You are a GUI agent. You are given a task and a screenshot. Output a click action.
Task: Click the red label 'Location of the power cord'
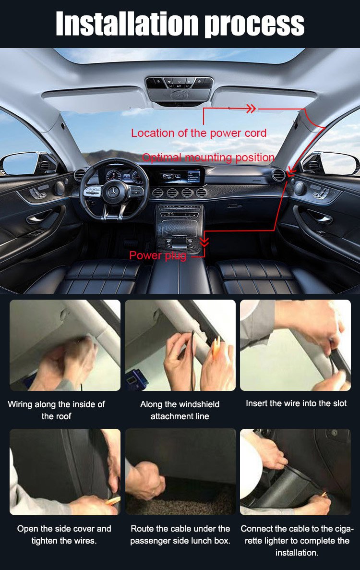[199, 133]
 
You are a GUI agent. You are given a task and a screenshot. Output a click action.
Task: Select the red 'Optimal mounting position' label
[208, 158]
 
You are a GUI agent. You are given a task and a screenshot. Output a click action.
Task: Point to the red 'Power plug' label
[157, 255]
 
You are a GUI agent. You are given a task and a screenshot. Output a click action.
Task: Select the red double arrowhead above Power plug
[205, 242]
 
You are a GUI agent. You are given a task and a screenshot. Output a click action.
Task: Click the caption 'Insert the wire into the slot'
[296, 403]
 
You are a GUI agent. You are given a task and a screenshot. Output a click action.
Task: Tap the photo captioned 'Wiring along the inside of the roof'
[65, 345]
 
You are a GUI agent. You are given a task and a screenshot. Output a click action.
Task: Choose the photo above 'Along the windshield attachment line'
[180, 345]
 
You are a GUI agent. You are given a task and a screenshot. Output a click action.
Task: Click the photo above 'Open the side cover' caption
[65, 472]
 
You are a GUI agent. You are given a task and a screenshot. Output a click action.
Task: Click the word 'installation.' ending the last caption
[297, 553]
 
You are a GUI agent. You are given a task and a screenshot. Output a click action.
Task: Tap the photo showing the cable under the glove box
[180, 472]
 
